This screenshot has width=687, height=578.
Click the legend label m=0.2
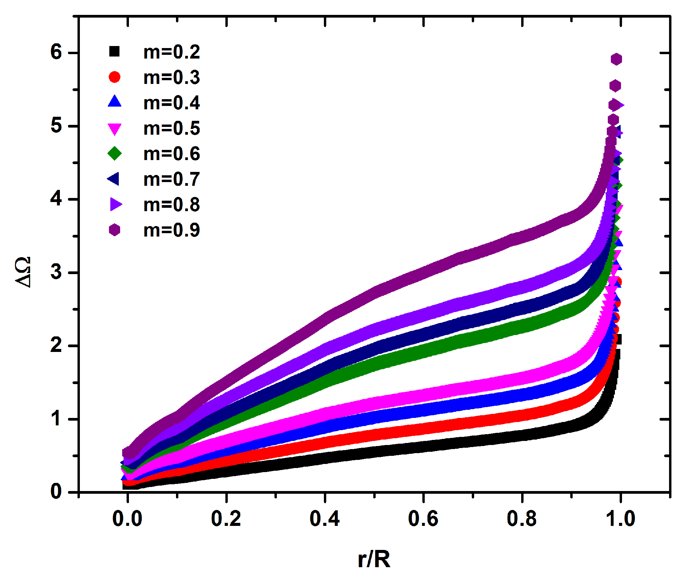click(x=172, y=52)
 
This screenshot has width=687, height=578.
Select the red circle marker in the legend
click(x=114, y=77)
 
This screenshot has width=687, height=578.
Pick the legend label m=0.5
click(x=172, y=129)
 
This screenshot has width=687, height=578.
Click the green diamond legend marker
click(x=114, y=154)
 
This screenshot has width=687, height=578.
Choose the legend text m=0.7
click(x=172, y=179)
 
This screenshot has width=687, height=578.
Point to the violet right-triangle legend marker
click(x=115, y=204)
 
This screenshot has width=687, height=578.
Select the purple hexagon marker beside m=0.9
click(x=114, y=230)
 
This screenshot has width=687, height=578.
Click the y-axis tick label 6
click(x=56, y=52)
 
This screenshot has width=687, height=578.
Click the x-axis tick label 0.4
click(x=325, y=519)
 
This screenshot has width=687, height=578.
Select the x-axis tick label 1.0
click(x=620, y=519)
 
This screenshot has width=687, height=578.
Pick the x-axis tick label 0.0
click(x=127, y=519)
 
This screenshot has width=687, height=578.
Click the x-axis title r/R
click(x=374, y=559)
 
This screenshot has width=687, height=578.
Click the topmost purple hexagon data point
click(x=616, y=59)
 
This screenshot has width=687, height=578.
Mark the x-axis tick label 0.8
click(x=522, y=519)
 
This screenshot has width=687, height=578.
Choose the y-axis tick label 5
click(x=56, y=126)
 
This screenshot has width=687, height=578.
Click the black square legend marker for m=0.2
click(x=114, y=51)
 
